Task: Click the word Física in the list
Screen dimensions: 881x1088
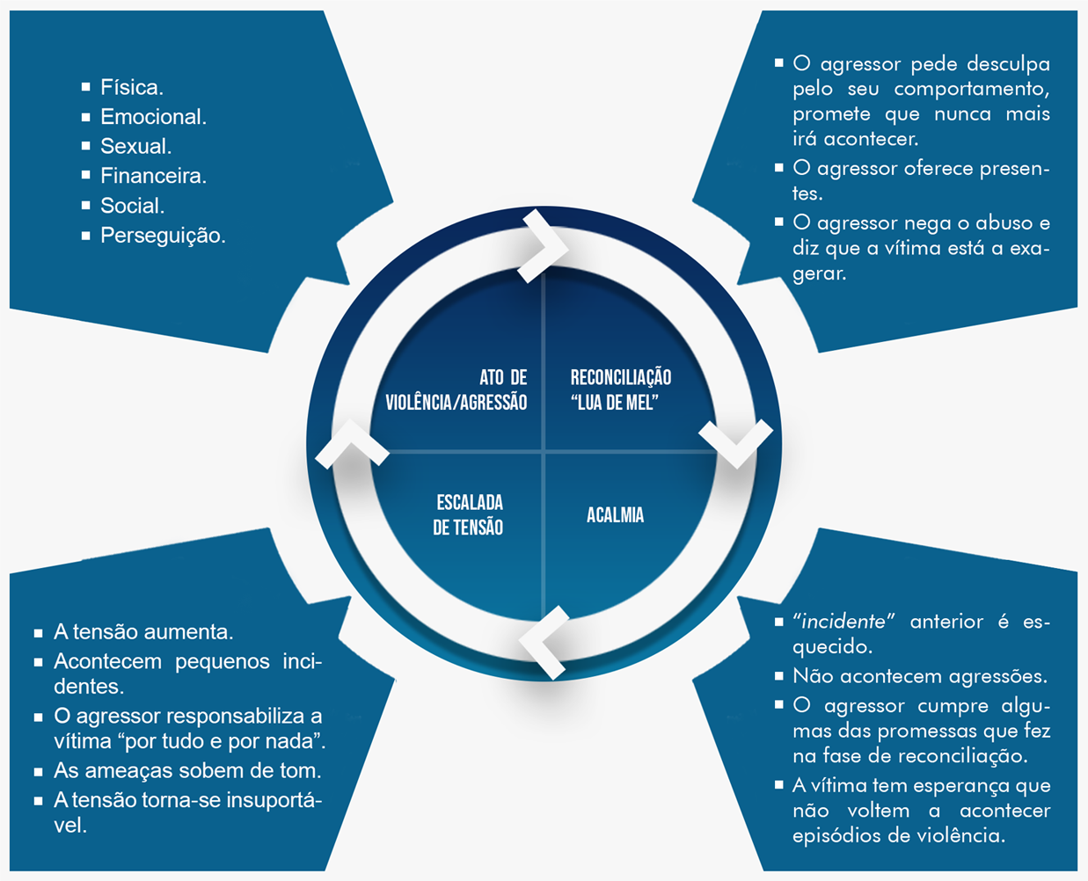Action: (x=131, y=87)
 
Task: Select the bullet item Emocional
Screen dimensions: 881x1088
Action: (x=152, y=117)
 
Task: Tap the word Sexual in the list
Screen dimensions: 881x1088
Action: (x=135, y=146)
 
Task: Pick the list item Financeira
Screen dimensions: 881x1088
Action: (x=152, y=176)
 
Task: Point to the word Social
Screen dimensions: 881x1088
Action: (x=132, y=206)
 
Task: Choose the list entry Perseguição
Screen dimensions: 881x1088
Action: (x=162, y=236)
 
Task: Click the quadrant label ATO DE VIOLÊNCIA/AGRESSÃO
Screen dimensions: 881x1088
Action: (x=456, y=390)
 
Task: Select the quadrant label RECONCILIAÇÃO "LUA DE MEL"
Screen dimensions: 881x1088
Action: (x=620, y=390)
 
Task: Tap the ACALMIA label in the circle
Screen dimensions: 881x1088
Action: (x=615, y=515)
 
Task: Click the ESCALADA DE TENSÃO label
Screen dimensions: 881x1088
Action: (x=469, y=515)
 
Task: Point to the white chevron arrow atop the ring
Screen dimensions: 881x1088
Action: (x=544, y=246)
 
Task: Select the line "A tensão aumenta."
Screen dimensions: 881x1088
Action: (x=143, y=631)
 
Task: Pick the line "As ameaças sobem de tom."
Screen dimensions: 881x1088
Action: (x=187, y=770)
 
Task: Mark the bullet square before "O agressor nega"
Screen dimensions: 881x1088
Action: (x=778, y=222)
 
